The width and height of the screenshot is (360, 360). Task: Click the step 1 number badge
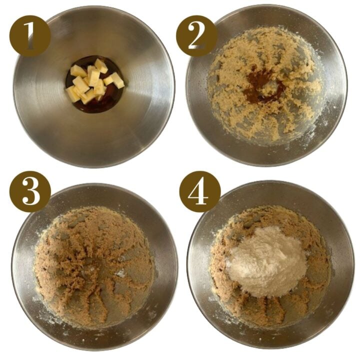[30, 35]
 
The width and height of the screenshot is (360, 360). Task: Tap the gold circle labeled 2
[196, 35]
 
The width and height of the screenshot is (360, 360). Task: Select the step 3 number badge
[30, 191]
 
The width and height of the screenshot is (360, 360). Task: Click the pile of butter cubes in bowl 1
[93, 82]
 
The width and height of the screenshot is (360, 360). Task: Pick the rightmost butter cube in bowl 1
[117, 79]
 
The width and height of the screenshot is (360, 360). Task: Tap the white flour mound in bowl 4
[267, 260]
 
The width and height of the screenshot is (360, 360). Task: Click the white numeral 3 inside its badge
[30, 191]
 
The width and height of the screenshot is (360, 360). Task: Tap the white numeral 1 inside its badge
[30, 35]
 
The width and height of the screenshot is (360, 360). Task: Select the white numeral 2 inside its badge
[196, 35]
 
